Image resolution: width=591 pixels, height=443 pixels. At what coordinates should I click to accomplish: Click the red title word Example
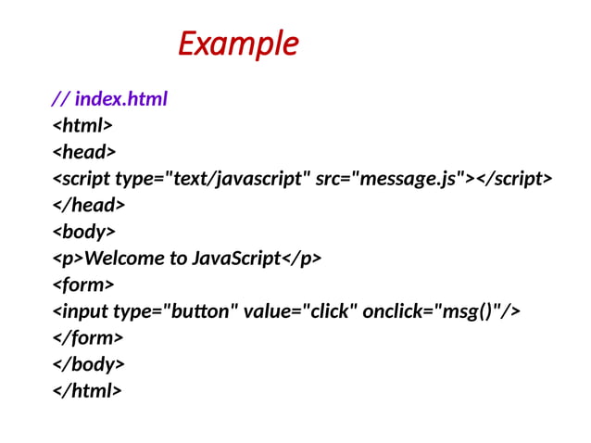click(x=238, y=44)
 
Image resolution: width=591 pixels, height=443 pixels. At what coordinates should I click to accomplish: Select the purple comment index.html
click(x=120, y=97)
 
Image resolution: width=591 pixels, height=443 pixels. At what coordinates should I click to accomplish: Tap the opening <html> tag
click(x=82, y=124)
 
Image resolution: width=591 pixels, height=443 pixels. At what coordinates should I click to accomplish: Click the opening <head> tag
click(x=83, y=151)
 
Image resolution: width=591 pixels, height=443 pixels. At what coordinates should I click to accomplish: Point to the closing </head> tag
click(x=88, y=205)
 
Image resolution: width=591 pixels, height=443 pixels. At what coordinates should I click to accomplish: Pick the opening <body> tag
click(x=84, y=232)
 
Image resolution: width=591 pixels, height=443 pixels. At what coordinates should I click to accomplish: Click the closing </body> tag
click(x=88, y=364)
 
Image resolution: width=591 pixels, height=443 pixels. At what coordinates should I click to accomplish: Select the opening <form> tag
click(x=83, y=285)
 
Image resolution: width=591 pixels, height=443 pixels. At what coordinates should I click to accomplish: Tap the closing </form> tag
click(x=88, y=337)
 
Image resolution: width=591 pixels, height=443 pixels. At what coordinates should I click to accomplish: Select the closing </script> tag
click(x=514, y=178)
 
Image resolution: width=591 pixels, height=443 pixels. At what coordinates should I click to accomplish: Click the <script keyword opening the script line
click(x=82, y=178)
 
